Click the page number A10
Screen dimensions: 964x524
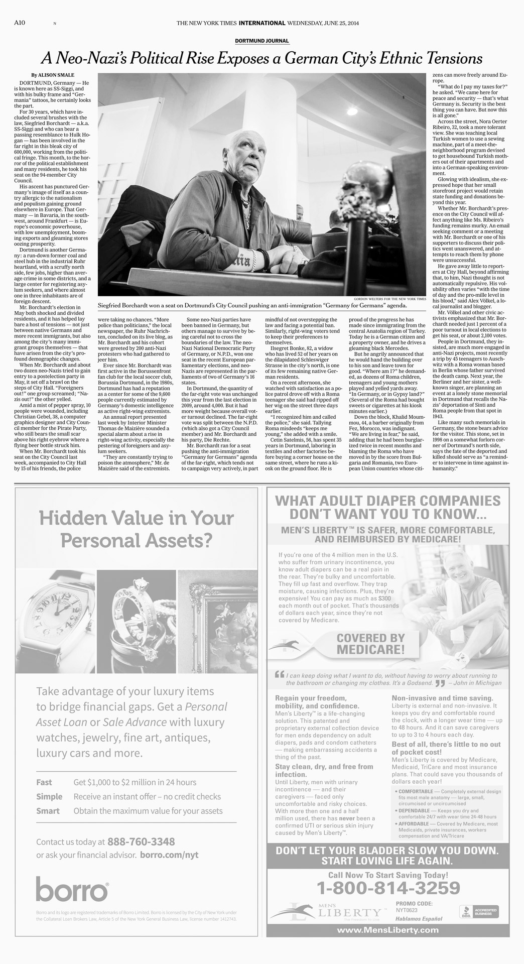click(20, 23)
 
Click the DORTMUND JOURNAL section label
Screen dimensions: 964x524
click(262, 41)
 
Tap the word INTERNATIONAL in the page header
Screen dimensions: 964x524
click(262, 23)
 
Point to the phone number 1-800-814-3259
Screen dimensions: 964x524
click(389, 888)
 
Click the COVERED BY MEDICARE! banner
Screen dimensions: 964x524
click(370, 644)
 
